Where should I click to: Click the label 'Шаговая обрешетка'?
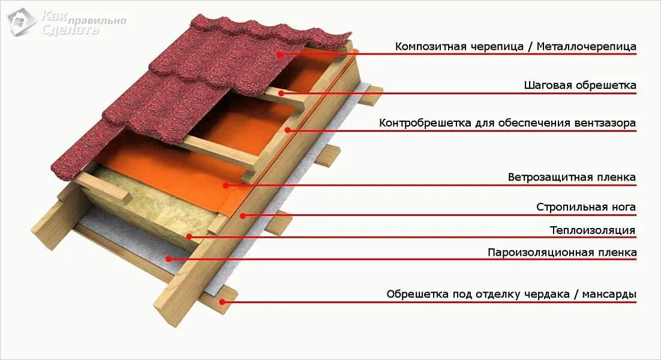click(580, 86)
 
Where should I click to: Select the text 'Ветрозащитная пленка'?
click(572, 178)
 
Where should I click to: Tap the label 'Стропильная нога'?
click(586, 208)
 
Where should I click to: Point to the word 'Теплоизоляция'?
click(592, 230)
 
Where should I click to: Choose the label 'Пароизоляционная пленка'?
click(562, 253)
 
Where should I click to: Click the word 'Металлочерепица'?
click(587, 47)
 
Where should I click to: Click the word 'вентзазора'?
click(605, 124)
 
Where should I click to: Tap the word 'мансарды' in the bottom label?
click(609, 294)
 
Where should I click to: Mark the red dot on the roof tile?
click(280, 54)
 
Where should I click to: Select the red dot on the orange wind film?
click(226, 185)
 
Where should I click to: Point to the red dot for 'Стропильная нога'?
click(243, 215)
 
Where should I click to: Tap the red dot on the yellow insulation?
click(190, 237)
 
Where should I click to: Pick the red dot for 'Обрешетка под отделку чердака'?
click(223, 302)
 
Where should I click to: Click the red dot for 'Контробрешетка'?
click(287, 130)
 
